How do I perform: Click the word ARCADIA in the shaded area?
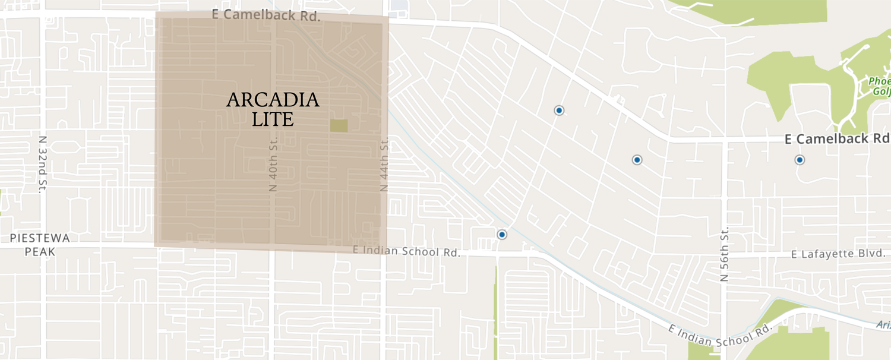click(273, 100)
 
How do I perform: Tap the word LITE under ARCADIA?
click(273, 119)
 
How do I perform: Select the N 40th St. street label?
click(273, 161)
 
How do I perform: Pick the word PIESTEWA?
click(40, 238)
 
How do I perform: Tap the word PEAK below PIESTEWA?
click(40, 252)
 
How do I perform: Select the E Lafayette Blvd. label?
click(838, 254)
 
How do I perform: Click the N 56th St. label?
click(724, 254)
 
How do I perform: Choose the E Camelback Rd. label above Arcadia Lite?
click(266, 15)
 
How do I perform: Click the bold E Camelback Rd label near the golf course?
click(837, 139)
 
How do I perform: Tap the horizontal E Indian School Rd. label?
click(406, 251)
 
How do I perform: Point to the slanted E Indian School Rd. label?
click(719, 333)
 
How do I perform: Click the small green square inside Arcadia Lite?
click(339, 126)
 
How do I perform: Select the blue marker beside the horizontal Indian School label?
click(502, 235)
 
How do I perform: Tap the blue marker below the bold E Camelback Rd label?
click(800, 160)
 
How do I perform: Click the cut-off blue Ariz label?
click(883, 324)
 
